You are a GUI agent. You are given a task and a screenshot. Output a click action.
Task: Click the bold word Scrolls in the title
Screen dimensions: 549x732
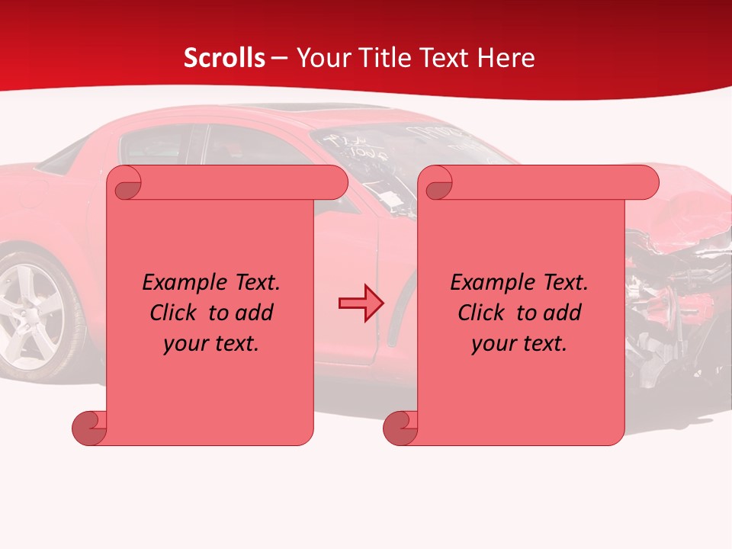pos(224,58)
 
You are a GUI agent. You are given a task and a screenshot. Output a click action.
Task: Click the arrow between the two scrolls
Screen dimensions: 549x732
pos(361,303)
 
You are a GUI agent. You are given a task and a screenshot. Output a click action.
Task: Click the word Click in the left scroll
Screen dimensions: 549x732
pos(175,313)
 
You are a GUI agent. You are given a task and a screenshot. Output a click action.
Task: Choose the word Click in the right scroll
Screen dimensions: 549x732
pos(483,313)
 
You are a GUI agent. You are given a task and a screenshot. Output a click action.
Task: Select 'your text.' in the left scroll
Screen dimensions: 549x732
pos(211,343)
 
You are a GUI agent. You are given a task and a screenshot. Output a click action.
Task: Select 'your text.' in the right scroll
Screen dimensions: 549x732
pos(519,343)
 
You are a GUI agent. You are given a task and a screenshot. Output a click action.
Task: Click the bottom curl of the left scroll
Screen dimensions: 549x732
pos(89,428)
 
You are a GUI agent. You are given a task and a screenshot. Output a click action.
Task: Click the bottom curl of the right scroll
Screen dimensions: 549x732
pos(400,428)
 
